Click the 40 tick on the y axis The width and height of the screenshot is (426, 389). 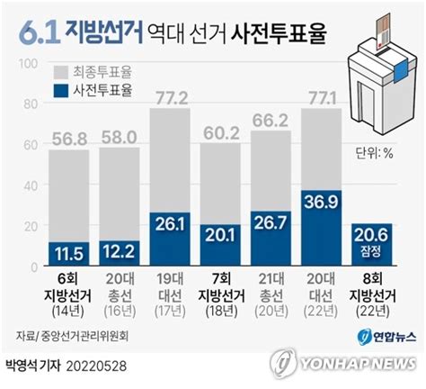point(28,186)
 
